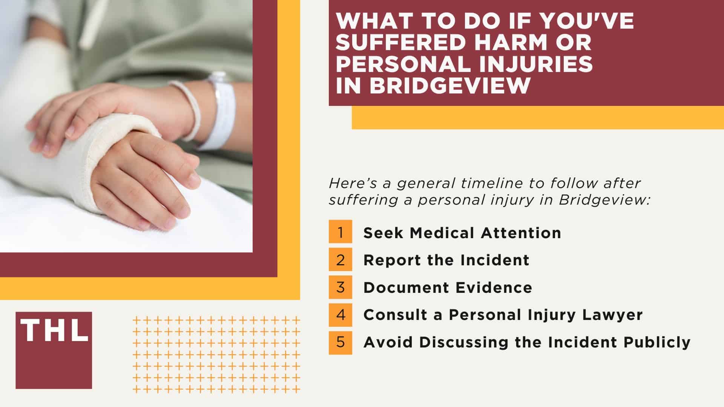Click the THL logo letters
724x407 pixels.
click(54, 330)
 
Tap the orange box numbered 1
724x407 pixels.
click(340, 232)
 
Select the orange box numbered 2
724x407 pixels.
click(340, 260)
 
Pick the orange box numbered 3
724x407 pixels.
click(340, 287)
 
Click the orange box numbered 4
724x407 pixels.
click(340, 315)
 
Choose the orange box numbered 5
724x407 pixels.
click(340, 342)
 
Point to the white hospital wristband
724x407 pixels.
click(221, 113)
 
